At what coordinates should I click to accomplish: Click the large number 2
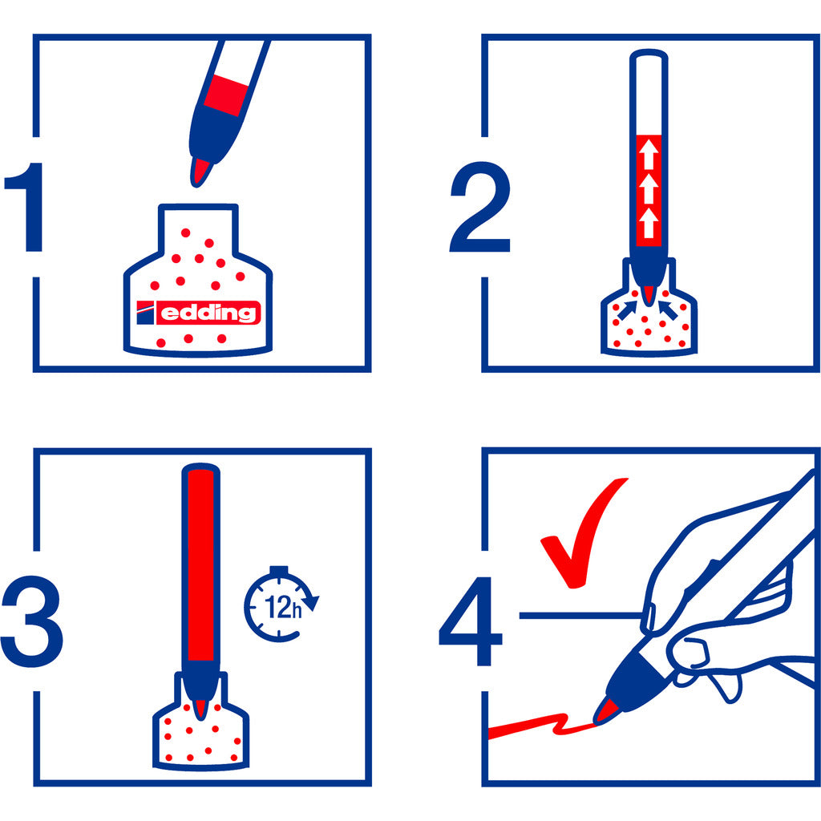(x=479, y=207)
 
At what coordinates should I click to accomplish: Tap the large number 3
(x=31, y=621)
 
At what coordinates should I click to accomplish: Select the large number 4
(x=471, y=621)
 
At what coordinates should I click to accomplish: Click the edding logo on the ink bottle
(x=199, y=313)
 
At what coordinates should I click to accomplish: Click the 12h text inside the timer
(x=283, y=608)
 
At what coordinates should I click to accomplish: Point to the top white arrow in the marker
(x=649, y=153)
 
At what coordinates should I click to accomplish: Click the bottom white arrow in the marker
(x=649, y=223)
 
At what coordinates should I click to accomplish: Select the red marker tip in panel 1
(x=200, y=172)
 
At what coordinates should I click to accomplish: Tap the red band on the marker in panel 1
(x=225, y=95)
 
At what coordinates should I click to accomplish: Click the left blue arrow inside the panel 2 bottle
(x=627, y=309)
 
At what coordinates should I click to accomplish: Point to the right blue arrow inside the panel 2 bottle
(x=668, y=310)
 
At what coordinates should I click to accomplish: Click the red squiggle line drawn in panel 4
(x=543, y=725)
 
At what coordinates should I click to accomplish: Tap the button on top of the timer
(x=278, y=570)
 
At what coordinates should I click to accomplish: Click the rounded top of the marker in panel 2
(x=649, y=55)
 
